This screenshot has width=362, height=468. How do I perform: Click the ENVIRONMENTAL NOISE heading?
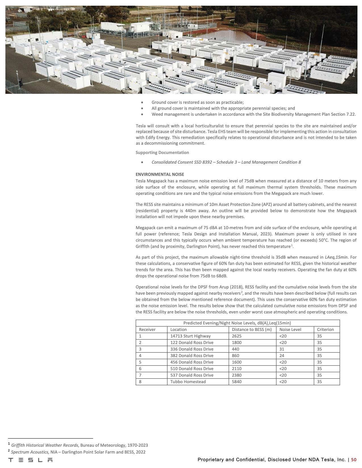tap(160, 174)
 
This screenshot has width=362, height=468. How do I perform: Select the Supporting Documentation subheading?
tap(162, 153)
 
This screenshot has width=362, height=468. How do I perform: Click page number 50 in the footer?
tap(354, 460)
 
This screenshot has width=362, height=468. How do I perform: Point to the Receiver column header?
tap(147, 330)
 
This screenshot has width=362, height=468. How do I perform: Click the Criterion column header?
tap(325, 330)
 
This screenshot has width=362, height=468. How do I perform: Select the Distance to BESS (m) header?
tap(252, 330)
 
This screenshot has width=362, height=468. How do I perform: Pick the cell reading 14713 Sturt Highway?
tap(190, 336)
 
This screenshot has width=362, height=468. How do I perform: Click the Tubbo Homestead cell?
tap(188, 382)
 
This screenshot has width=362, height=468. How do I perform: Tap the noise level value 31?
tap(282, 349)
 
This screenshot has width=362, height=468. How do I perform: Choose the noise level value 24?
tap(282, 356)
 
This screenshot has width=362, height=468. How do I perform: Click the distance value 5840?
tap(237, 382)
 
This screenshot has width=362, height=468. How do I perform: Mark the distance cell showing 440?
tap(235, 349)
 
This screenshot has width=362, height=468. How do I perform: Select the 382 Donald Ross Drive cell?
tap(192, 356)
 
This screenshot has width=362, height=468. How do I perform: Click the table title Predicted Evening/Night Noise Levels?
tap(237, 323)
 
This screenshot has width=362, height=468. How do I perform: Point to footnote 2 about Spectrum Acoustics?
tap(78, 452)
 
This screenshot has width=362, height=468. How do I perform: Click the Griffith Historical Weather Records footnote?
tap(79, 445)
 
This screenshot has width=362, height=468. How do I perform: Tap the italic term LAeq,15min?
tap(336, 257)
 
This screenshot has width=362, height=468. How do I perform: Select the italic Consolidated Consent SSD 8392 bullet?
tap(226, 162)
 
